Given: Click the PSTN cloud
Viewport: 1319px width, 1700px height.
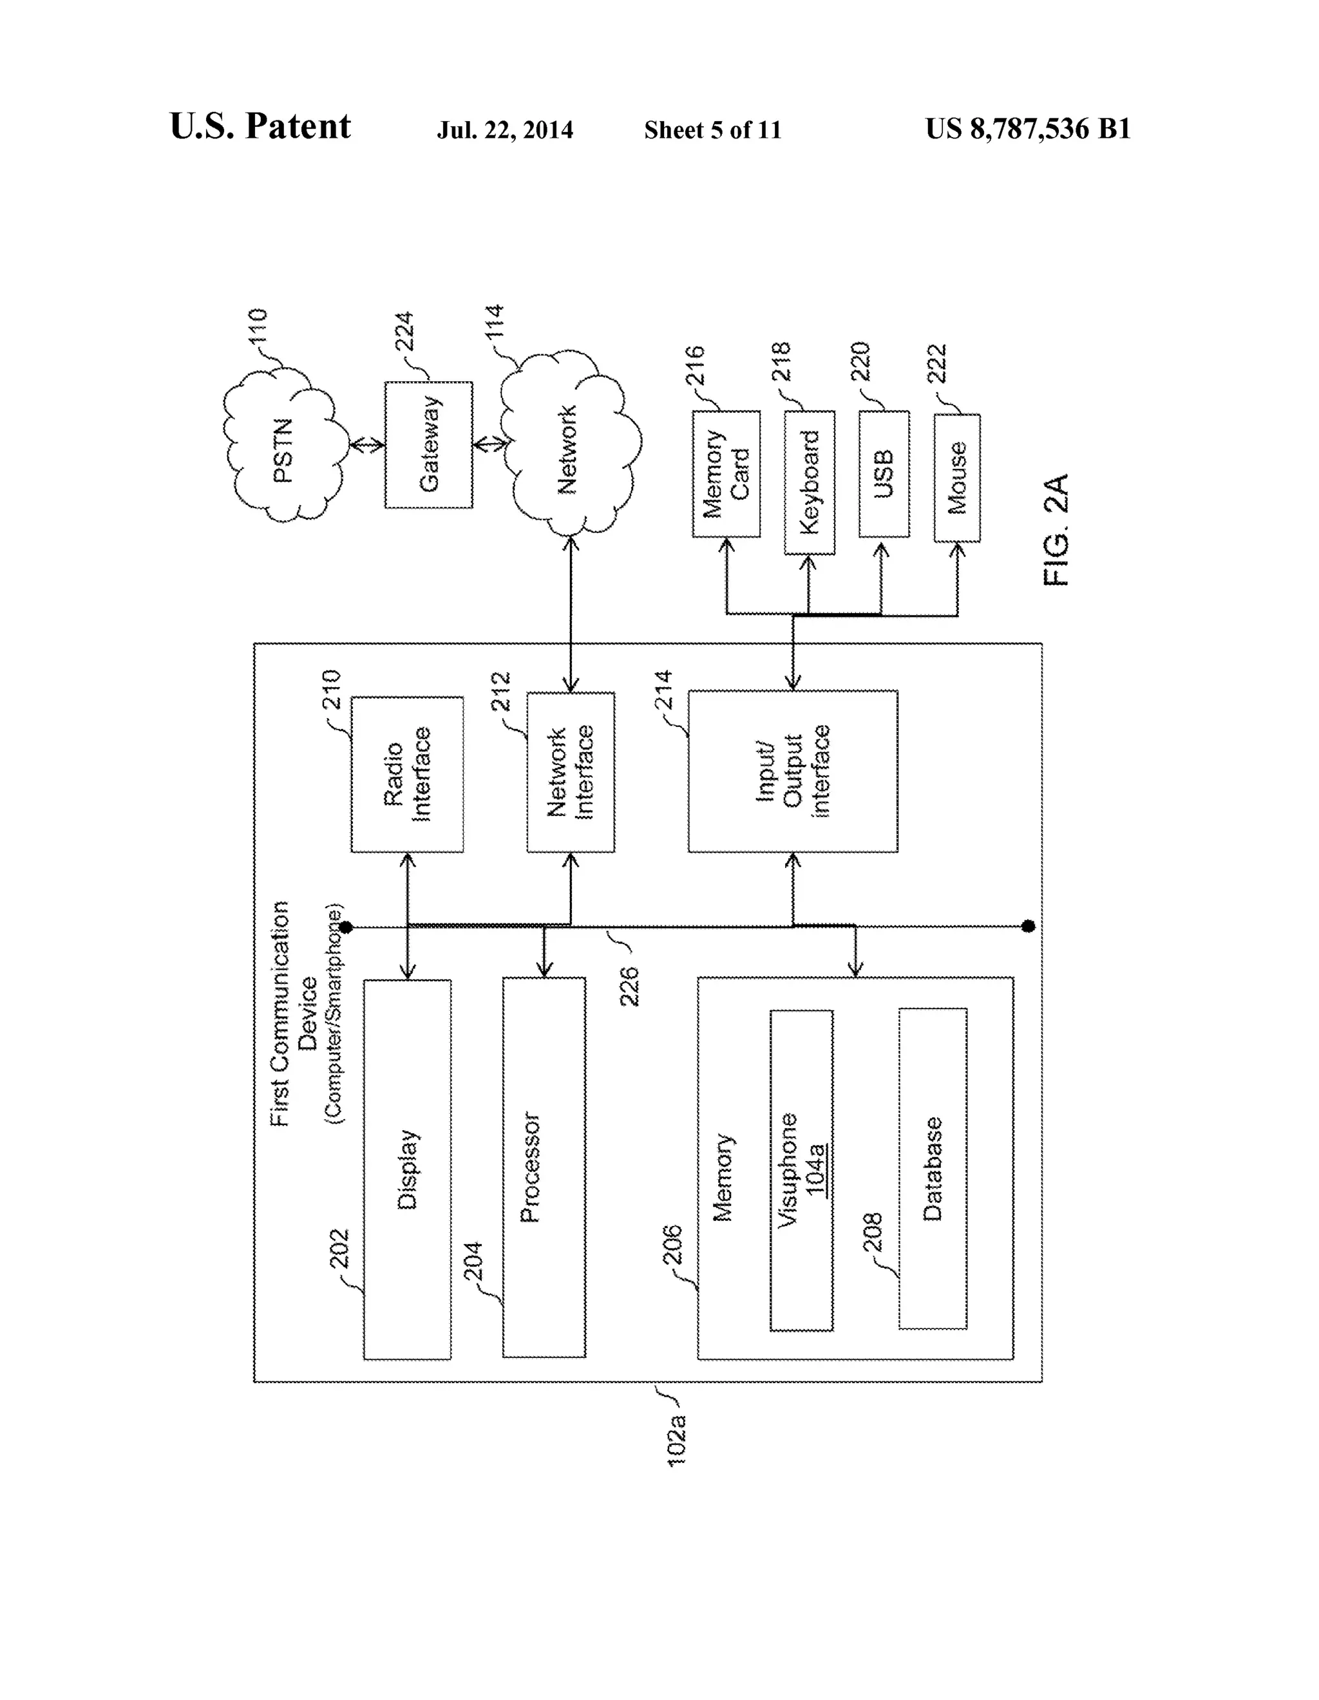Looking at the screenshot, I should (x=285, y=448).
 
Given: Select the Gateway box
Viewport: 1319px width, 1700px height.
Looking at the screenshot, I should (x=428, y=445).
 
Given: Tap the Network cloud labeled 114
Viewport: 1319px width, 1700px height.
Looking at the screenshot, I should (x=569, y=448).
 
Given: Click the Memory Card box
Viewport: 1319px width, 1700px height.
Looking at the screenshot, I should (x=726, y=474).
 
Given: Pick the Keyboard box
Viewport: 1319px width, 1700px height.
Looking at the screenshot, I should (x=809, y=482).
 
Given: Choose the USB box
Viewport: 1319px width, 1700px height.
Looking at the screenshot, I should (x=883, y=474).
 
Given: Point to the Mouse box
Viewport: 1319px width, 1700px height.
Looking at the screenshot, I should (x=956, y=478).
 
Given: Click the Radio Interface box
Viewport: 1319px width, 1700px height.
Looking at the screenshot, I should (x=407, y=774).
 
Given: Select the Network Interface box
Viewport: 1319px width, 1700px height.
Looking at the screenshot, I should (x=570, y=772).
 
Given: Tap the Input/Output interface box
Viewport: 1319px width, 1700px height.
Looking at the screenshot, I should (x=792, y=771).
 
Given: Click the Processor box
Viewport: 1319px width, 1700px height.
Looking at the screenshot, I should (x=544, y=1167).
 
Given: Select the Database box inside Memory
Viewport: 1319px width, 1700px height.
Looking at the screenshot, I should (x=932, y=1168).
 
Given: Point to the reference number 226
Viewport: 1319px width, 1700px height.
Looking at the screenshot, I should (x=629, y=985).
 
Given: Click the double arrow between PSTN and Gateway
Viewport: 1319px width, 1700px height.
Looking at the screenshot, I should (x=366, y=445).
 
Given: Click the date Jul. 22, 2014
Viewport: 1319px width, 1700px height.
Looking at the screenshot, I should (x=504, y=129).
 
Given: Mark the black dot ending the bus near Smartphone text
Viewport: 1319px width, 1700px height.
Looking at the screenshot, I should (x=346, y=927).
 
